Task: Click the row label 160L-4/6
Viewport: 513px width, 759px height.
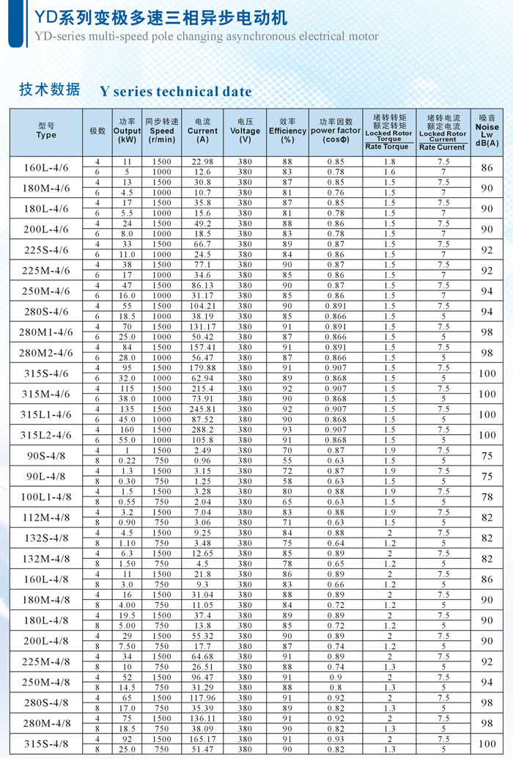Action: click(x=46, y=168)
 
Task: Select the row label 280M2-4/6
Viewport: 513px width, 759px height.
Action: click(x=45, y=353)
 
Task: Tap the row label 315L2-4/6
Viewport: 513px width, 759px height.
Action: click(x=45, y=435)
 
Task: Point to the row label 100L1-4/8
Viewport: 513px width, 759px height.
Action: click(x=45, y=496)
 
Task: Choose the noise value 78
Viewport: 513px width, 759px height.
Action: click(x=487, y=496)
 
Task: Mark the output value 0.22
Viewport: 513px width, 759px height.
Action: click(x=127, y=460)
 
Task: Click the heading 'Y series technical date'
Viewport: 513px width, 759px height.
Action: click(x=176, y=92)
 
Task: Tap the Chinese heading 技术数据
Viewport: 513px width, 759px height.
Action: click(x=49, y=90)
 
